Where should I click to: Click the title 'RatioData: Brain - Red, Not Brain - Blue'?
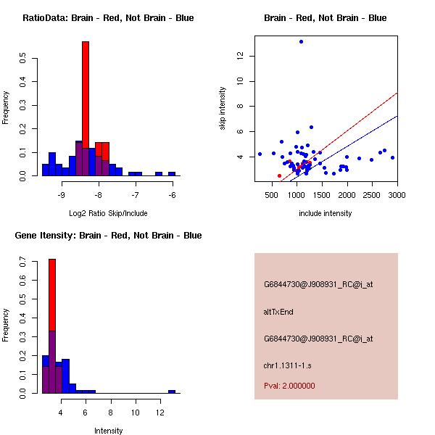(108, 17)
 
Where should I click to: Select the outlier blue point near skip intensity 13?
(301, 42)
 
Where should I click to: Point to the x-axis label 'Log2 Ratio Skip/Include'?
(107, 213)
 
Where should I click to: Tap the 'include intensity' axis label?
(326, 213)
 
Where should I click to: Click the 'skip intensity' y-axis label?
(224, 109)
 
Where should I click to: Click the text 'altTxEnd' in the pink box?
(279, 312)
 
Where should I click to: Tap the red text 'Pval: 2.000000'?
(289, 386)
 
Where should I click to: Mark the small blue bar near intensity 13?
(172, 391)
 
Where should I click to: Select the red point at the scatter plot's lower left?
(279, 175)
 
